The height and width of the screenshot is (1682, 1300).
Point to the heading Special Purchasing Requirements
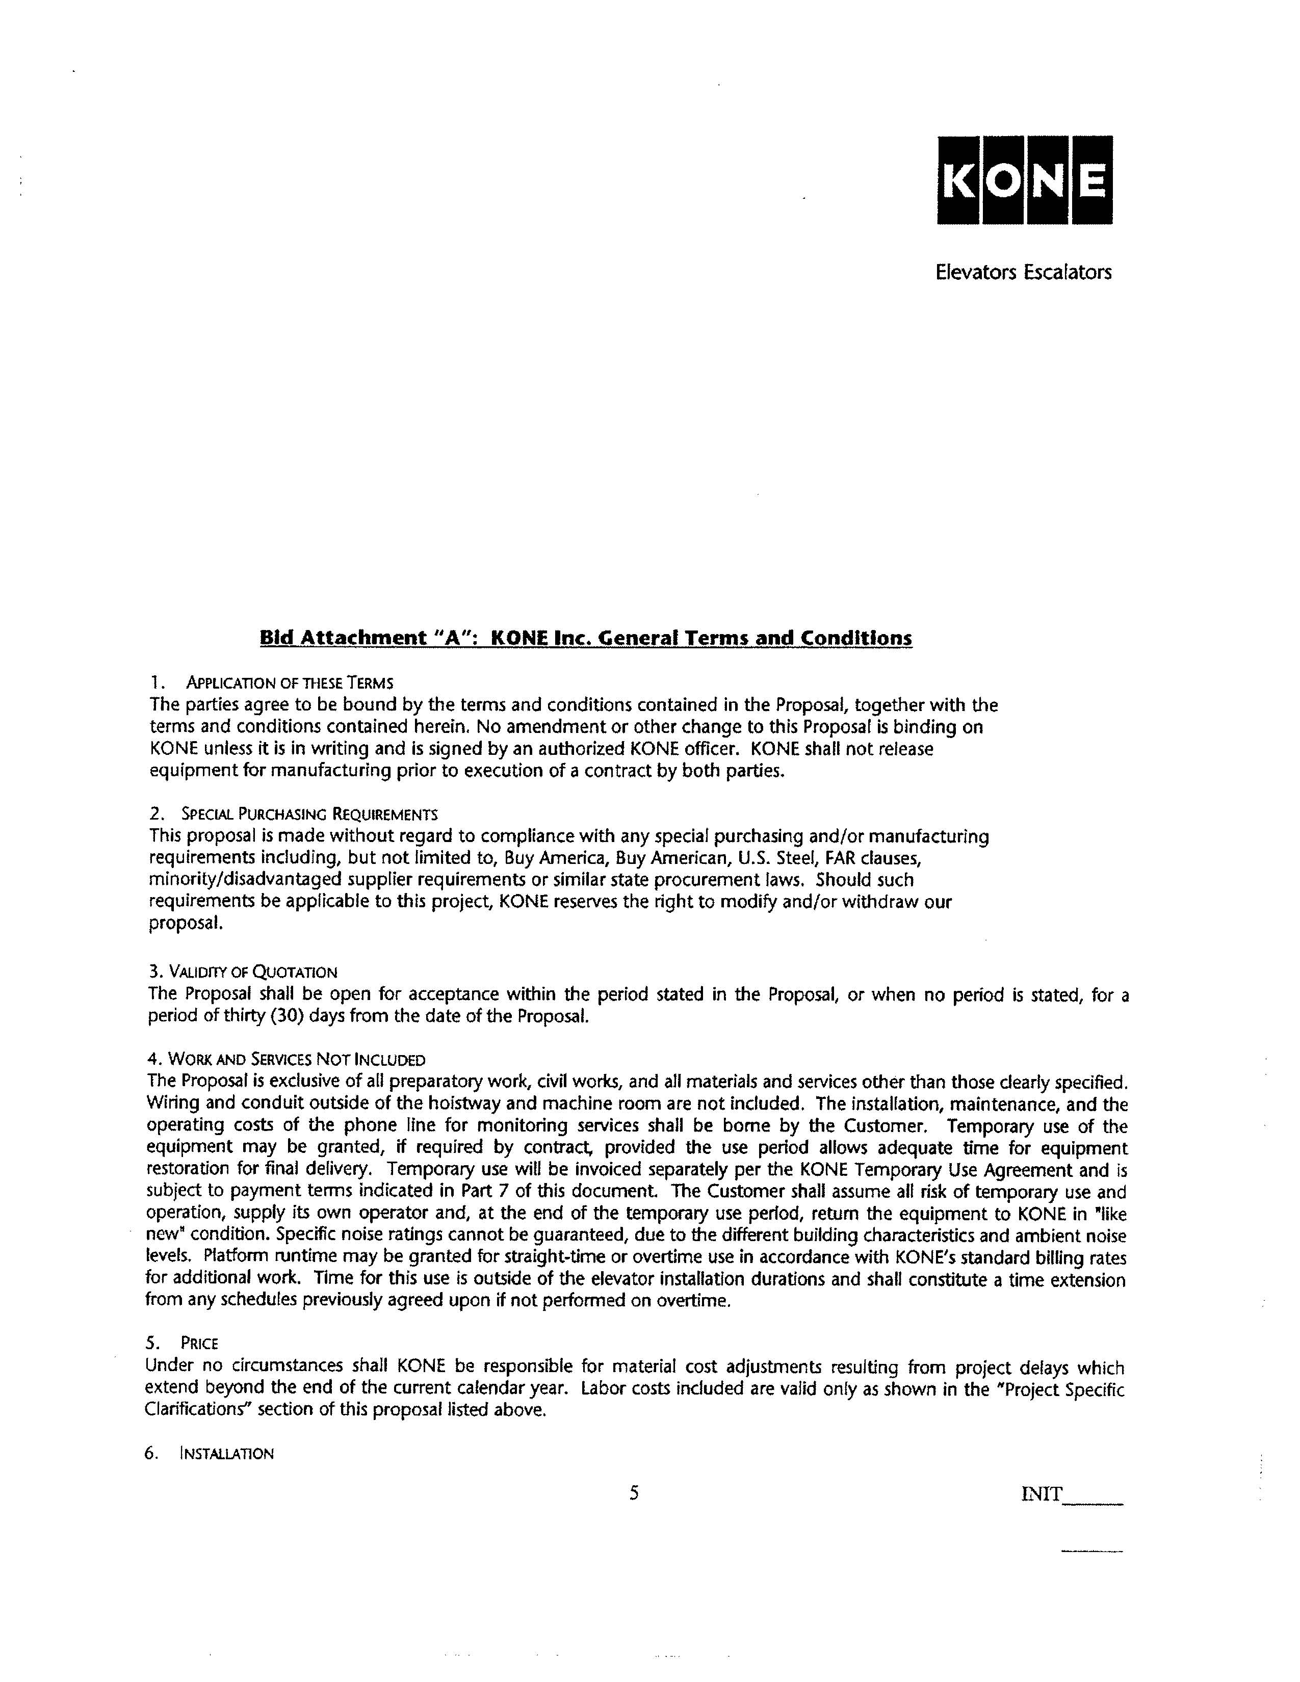pyautogui.click(x=309, y=814)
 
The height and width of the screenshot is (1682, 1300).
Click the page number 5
pyautogui.click(x=634, y=1494)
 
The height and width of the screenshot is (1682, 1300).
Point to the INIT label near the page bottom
pyautogui.click(x=1041, y=1495)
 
